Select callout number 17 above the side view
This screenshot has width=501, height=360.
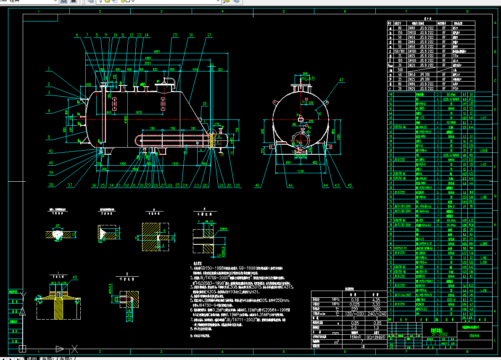pyautogui.click(x=209, y=35)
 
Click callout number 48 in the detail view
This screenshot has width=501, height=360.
pyautogui.click(x=75, y=277)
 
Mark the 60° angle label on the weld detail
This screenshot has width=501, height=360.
pyautogui.click(x=58, y=226)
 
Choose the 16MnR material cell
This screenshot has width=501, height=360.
pyautogui.click(x=349, y=337)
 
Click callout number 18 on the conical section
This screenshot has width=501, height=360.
pyautogui.click(x=205, y=103)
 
